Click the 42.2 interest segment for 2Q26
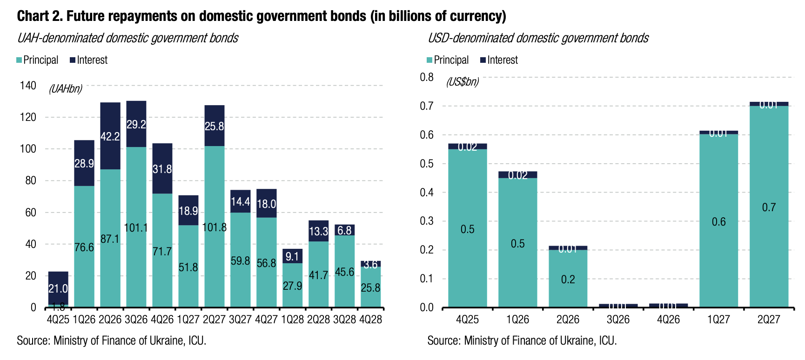coord(110,136)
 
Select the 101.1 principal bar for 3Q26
coord(136,227)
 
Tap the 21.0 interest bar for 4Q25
coord(58,288)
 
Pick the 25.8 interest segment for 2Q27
coord(215,126)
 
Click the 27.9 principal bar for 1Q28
coord(292,285)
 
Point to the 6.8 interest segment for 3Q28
coord(344,230)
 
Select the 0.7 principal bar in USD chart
coord(769,207)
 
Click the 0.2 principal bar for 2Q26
coord(568,279)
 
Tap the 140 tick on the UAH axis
coord(28,86)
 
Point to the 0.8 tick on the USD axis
coord(427,77)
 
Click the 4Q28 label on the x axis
coord(371,320)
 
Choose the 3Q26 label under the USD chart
coord(618,320)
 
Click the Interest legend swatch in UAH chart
coord(73,60)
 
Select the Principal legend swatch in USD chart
coord(430,60)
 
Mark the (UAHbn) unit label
coord(66,88)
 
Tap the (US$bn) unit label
coord(462,82)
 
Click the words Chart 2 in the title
coord(40,16)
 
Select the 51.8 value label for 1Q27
coord(188,267)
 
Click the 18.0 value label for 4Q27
coord(267,204)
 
